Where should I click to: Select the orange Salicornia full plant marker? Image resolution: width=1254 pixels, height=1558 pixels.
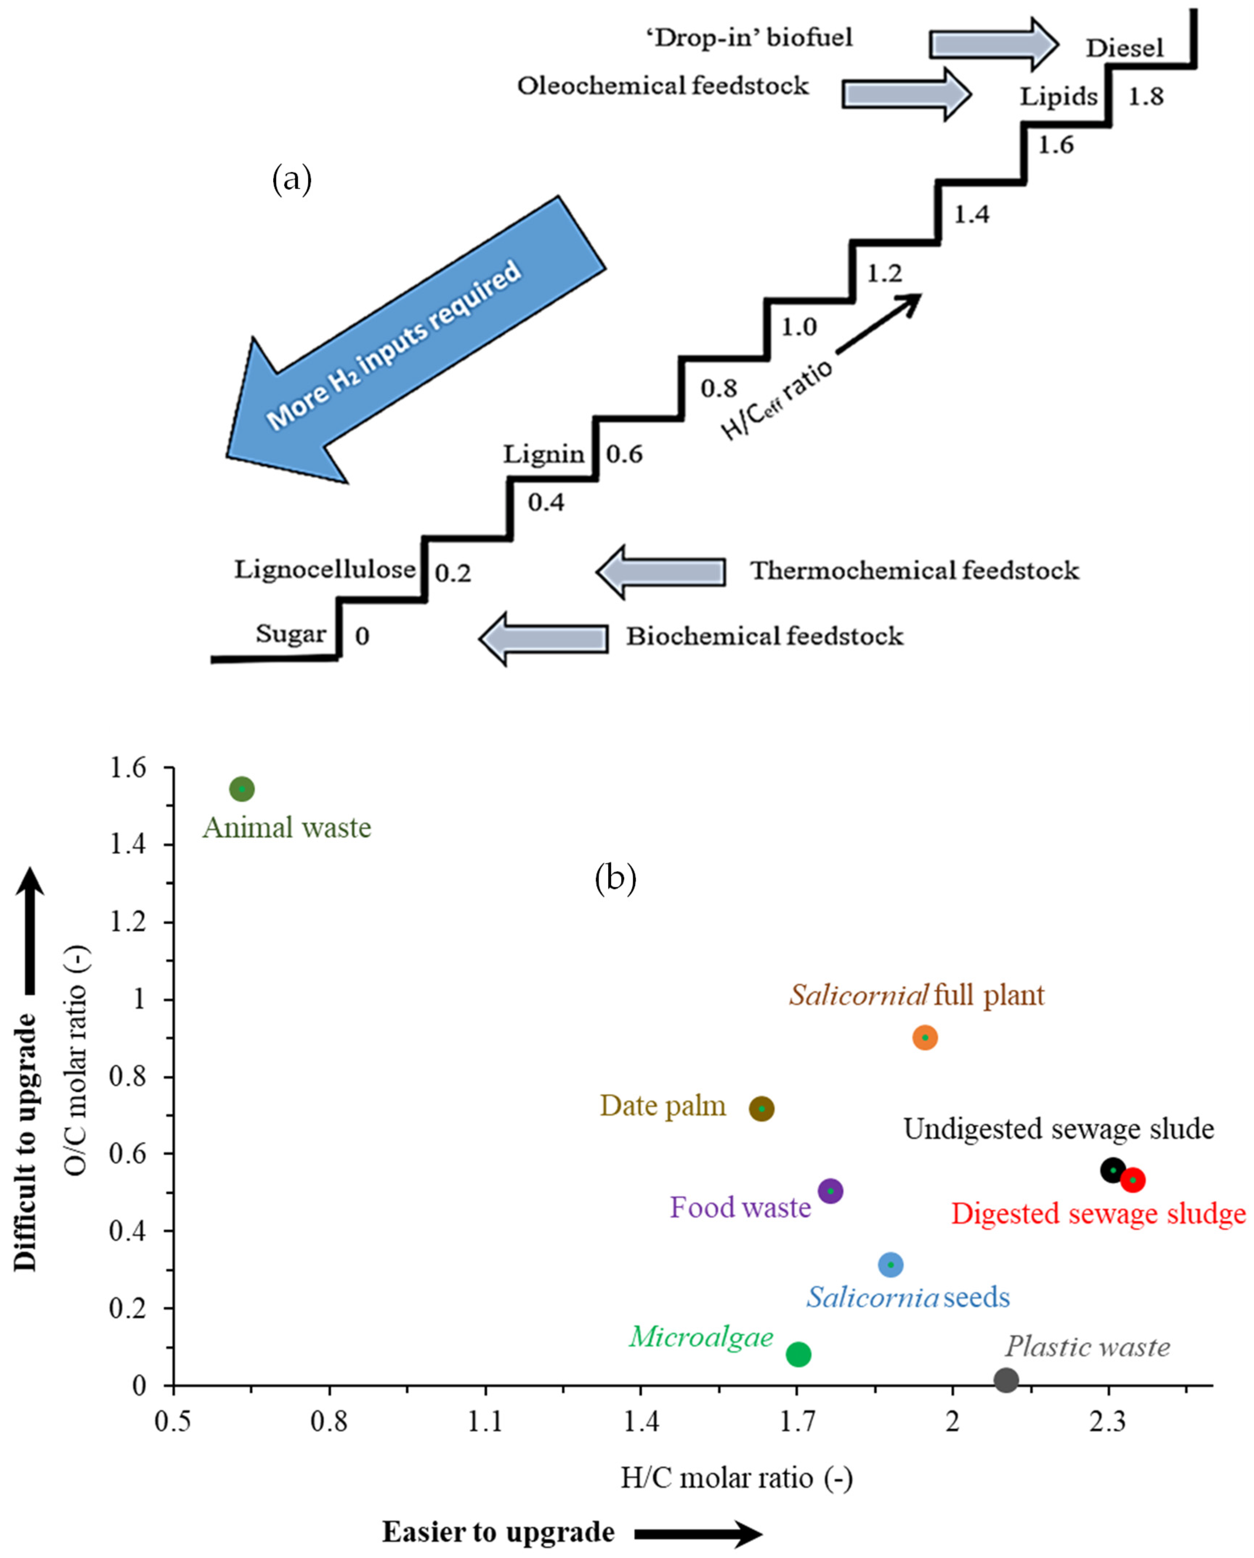click(925, 1038)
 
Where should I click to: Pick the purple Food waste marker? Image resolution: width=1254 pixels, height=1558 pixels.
click(830, 1191)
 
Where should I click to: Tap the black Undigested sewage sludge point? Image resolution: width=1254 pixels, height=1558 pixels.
click(1113, 1170)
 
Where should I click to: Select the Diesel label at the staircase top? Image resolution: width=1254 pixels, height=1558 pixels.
click(1125, 48)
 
